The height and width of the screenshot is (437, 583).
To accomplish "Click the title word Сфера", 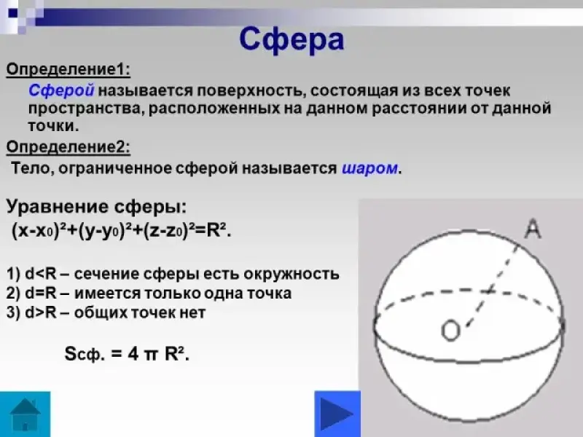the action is (x=291, y=40).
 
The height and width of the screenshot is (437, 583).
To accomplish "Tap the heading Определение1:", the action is (x=69, y=69).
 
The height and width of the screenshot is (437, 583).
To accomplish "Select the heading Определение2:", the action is (x=69, y=147).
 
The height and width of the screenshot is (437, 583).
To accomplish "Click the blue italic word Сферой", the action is (x=61, y=90).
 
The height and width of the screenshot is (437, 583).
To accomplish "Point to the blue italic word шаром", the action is (x=369, y=168).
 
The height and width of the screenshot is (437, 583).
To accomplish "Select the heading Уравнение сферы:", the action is (x=96, y=207).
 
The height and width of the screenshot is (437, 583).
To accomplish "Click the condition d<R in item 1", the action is (x=41, y=274).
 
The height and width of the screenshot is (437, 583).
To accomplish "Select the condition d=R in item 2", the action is (x=41, y=294).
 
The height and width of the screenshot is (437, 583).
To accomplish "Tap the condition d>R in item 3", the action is (x=41, y=312).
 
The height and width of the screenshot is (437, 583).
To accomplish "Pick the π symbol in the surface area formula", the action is (x=152, y=354).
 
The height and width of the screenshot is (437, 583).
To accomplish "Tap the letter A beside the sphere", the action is (x=533, y=229).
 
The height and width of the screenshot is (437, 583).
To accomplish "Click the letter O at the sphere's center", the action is (x=450, y=331).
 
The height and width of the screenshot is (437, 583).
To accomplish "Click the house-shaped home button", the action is (x=25, y=414).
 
